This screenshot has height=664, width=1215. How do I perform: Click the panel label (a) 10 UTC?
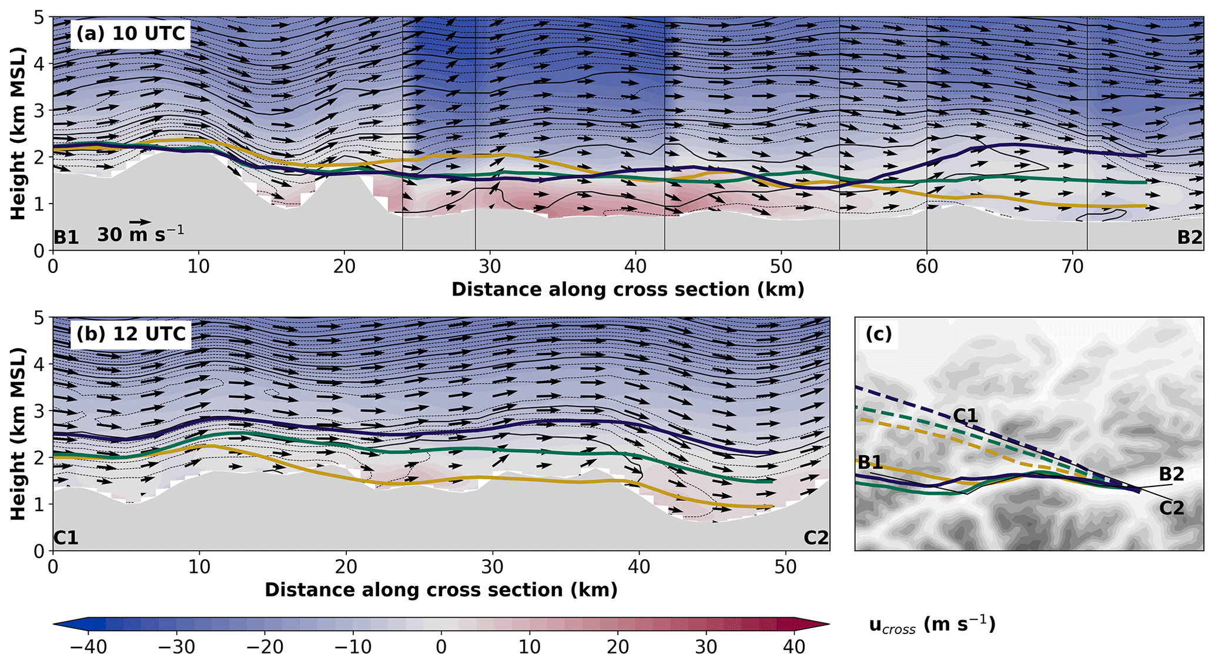[130, 34]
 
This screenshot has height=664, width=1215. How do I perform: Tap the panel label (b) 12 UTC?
[130, 334]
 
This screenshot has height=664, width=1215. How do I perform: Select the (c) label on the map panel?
[879, 334]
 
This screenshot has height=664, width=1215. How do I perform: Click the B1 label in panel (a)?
[66, 238]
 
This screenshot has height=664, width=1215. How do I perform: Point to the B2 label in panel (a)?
[1189, 238]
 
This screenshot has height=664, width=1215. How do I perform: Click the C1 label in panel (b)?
[66, 538]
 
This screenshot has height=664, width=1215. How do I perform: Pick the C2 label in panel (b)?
[816, 538]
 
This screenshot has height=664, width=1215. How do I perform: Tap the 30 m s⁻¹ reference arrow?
[140, 222]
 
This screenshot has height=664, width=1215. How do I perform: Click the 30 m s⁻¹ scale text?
[140, 235]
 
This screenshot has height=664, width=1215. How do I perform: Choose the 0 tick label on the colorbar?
[441, 648]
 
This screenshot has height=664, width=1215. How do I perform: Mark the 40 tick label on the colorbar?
[794, 648]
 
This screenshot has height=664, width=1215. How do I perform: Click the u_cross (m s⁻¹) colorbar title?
[932, 625]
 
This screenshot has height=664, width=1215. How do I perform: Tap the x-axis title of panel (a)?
[627, 289]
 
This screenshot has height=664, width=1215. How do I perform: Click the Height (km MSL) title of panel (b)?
[19, 433]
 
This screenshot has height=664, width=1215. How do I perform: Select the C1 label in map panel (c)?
[965, 416]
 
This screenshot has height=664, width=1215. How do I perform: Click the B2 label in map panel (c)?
[1171, 473]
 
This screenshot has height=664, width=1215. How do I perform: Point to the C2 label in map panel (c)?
[1171, 508]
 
